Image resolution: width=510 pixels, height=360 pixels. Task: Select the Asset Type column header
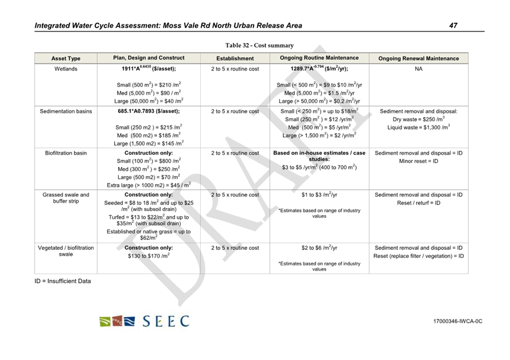click(x=65, y=58)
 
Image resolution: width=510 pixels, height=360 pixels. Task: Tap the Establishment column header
click(x=235, y=58)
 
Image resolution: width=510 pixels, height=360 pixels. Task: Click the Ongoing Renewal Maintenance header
click(x=418, y=58)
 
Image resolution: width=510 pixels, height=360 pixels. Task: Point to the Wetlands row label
click(x=65, y=69)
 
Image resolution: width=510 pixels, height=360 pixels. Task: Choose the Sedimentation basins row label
click(x=65, y=111)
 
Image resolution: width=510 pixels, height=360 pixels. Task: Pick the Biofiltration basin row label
click(x=65, y=153)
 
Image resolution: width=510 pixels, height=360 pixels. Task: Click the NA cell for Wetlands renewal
click(x=418, y=69)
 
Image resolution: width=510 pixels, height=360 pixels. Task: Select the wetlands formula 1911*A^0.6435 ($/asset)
click(x=149, y=69)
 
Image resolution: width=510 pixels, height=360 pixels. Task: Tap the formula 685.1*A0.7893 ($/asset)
click(x=149, y=111)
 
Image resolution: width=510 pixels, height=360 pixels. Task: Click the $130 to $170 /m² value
click(x=149, y=257)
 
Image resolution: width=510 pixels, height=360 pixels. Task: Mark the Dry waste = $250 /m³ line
click(x=418, y=119)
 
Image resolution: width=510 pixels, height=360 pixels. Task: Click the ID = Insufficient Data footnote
click(x=63, y=281)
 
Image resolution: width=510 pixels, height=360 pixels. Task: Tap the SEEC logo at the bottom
click(x=143, y=321)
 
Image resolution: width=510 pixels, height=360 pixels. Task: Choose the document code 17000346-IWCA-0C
click(x=457, y=321)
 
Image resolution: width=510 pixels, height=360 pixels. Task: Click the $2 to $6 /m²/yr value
click(x=319, y=248)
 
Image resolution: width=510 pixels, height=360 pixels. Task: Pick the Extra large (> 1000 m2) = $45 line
click(x=149, y=185)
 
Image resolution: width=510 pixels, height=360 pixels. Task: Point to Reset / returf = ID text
click(x=418, y=203)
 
